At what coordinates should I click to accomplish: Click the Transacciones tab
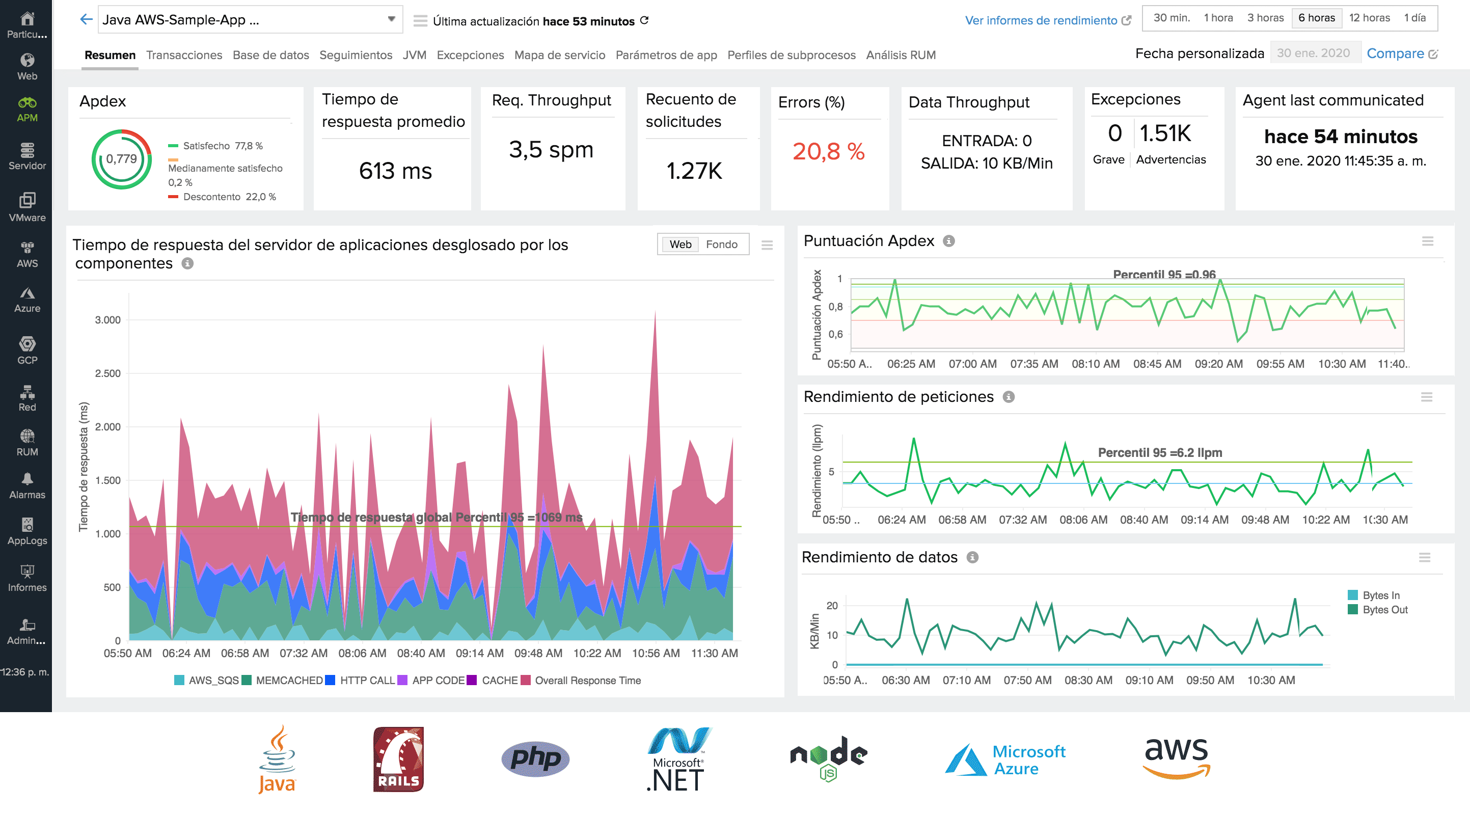coord(184,55)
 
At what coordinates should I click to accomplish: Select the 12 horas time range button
coord(1369,18)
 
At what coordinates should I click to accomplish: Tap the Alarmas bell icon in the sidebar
coord(27,478)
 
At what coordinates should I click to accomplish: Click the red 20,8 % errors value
coord(828,151)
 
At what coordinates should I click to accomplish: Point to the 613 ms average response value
coord(395,171)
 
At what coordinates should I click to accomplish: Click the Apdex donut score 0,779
coord(122,159)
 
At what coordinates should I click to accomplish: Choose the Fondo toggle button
coord(721,245)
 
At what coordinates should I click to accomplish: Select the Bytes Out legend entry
coord(1384,610)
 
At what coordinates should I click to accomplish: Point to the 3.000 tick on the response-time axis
coord(107,320)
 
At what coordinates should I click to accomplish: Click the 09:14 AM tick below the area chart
coord(479,653)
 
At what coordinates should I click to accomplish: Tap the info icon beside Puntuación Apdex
coord(948,241)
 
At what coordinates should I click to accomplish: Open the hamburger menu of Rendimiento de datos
coord(1424,558)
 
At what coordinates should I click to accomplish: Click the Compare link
coord(1395,53)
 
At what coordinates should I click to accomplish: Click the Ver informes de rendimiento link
coord(1041,20)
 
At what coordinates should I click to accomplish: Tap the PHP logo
coord(535,758)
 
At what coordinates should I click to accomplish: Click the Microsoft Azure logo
coord(1005,759)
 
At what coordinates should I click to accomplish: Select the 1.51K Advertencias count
coord(1165,133)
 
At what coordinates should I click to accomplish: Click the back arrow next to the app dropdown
coord(86,19)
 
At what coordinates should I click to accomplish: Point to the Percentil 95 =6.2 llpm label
coord(1160,453)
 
